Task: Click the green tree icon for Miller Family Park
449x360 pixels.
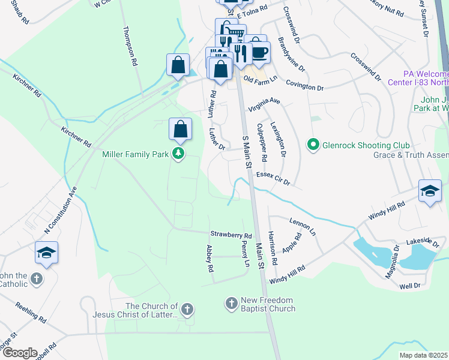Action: [178, 155]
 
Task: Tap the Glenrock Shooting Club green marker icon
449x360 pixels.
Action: [313, 145]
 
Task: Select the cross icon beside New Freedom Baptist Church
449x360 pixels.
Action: [232, 304]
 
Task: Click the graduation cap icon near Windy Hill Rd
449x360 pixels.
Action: [429, 191]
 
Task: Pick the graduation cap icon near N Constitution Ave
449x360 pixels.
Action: [46, 253]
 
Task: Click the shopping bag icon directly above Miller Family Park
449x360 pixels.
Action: [180, 128]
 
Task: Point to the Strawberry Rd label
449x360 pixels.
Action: [231, 235]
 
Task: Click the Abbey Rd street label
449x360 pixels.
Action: [210, 259]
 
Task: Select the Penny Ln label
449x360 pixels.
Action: [246, 255]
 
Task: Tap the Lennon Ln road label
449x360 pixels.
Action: [303, 226]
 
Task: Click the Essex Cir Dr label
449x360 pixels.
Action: [273, 178]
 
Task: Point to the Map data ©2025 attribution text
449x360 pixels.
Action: [424, 355]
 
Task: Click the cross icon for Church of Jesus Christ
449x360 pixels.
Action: [187, 310]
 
